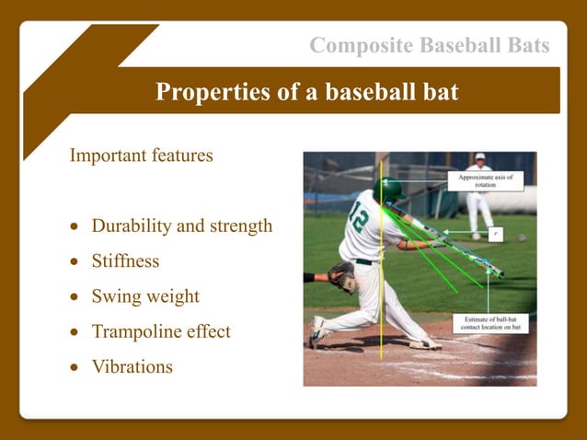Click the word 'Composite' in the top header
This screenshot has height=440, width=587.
pos(353,45)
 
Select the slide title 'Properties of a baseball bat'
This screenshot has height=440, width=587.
pos(307,92)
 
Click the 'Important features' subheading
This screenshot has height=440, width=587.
pos(141,155)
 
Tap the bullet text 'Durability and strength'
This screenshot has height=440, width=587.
pos(181,226)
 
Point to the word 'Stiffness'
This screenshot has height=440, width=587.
pos(125,261)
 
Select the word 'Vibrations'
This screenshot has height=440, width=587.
pos(132,366)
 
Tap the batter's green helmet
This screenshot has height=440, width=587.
pos(388,190)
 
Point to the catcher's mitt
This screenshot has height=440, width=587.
pos(340,274)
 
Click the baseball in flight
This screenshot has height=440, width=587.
pos(522,237)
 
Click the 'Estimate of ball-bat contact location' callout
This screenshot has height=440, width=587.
pos(489,325)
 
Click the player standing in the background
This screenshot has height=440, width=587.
pos(478,198)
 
